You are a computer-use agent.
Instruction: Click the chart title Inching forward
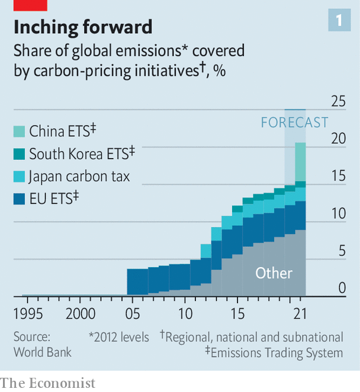tap(82, 27)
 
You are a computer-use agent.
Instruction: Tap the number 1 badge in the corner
tap(339, 21)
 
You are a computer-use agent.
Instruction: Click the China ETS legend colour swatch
tap(20, 130)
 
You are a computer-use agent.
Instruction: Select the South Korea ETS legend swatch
tap(20, 153)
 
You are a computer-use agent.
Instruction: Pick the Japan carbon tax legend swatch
tap(20, 176)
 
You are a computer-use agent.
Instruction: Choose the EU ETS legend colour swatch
tap(20, 199)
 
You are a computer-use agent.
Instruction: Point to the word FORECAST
tap(294, 123)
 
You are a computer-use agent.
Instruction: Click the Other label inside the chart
tap(274, 273)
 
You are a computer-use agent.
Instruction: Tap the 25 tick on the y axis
tap(338, 101)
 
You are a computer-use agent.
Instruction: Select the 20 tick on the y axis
tap(338, 139)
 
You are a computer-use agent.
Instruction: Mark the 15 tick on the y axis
tap(338, 176)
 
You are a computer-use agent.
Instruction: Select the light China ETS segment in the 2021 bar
tap(300, 162)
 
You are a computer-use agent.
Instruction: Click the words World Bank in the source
tap(43, 352)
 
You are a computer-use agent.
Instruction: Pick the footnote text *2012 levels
tap(119, 338)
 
